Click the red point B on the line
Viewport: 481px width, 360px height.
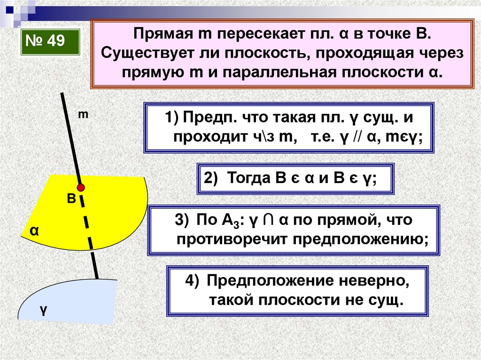pos(81,188)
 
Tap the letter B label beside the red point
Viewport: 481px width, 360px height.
pos(71,199)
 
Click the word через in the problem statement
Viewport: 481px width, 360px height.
pos(439,54)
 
